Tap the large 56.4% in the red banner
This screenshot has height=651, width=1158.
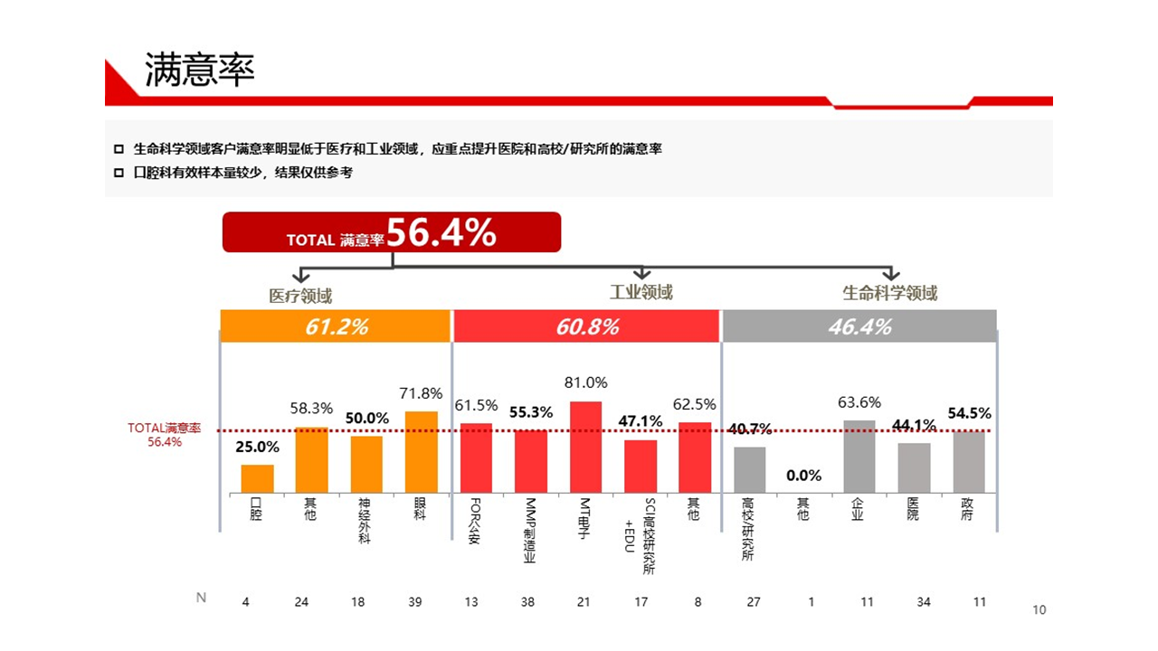pyautogui.click(x=441, y=233)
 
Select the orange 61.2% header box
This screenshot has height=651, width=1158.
pyautogui.click(x=336, y=326)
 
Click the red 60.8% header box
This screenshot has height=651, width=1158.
pyautogui.click(x=587, y=326)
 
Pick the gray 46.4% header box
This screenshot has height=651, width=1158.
pyautogui.click(x=859, y=326)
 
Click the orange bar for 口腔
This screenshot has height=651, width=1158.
pyautogui.click(x=257, y=478)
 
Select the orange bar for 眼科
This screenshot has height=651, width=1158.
pyautogui.click(x=421, y=452)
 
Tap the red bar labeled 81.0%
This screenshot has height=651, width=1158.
pyautogui.click(x=585, y=447)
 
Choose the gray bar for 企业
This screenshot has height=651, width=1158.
pyautogui.click(x=859, y=457)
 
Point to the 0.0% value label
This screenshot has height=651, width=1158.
pyautogui.click(x=803, y=476)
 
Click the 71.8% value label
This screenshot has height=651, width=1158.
pyautogui.click(x=421, y=394)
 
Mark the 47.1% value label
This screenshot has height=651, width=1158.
pyautogui.click(x=641, y=421)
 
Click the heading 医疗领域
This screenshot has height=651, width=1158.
pyautogui.click(x=300, y=296)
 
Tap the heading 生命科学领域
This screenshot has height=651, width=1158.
pyautogui.click(x=889, y=293)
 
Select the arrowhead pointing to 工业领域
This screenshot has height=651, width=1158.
pyautogui.click(x=641, y=273)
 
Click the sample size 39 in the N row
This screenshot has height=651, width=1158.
pyautogui.click(x=414, y=602)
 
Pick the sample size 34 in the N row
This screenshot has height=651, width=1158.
pyautogui.click(x=924, y=602)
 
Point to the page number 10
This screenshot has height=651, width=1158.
pyautogui.click(x=1039, y=610)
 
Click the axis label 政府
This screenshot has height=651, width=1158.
pyautogui.click(x=967, y=509)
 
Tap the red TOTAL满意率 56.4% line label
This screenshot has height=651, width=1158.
pyautogui.click(x=165, y=435)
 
